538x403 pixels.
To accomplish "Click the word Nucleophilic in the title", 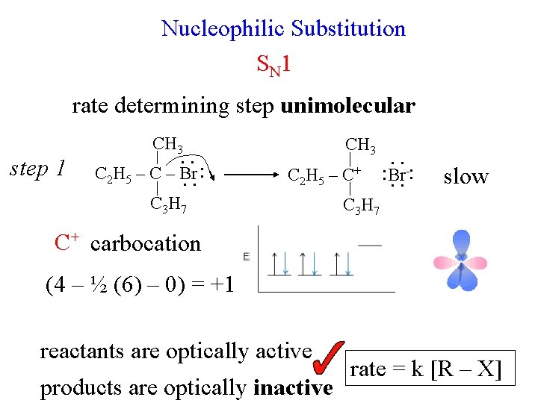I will [x=223, y=29].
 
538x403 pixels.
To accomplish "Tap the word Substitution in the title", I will [x=348, y=29].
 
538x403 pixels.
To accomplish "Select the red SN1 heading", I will [x=273, y=66].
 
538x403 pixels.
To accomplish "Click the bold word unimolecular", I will [x=347, y=106].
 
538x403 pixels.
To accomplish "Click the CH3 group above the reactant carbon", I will [x=167, y=144].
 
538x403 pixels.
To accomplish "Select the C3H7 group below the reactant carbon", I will [x=167, y=203].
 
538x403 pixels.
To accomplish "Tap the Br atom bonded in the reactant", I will [x=189, y=175].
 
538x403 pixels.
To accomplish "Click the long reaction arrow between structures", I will [x=251, y=176].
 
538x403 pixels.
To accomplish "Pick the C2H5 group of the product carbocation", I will [x=310, y=177].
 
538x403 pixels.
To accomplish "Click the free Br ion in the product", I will [x=397, y=176].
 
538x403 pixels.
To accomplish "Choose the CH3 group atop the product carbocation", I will [x=360, y=144].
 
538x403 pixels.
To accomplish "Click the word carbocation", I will [x=145, y=243].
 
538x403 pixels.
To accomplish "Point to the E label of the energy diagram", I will [x=247, y=256].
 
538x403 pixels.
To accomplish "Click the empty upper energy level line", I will [x=370, y=244].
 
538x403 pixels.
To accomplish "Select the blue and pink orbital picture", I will [x=461, y=260].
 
